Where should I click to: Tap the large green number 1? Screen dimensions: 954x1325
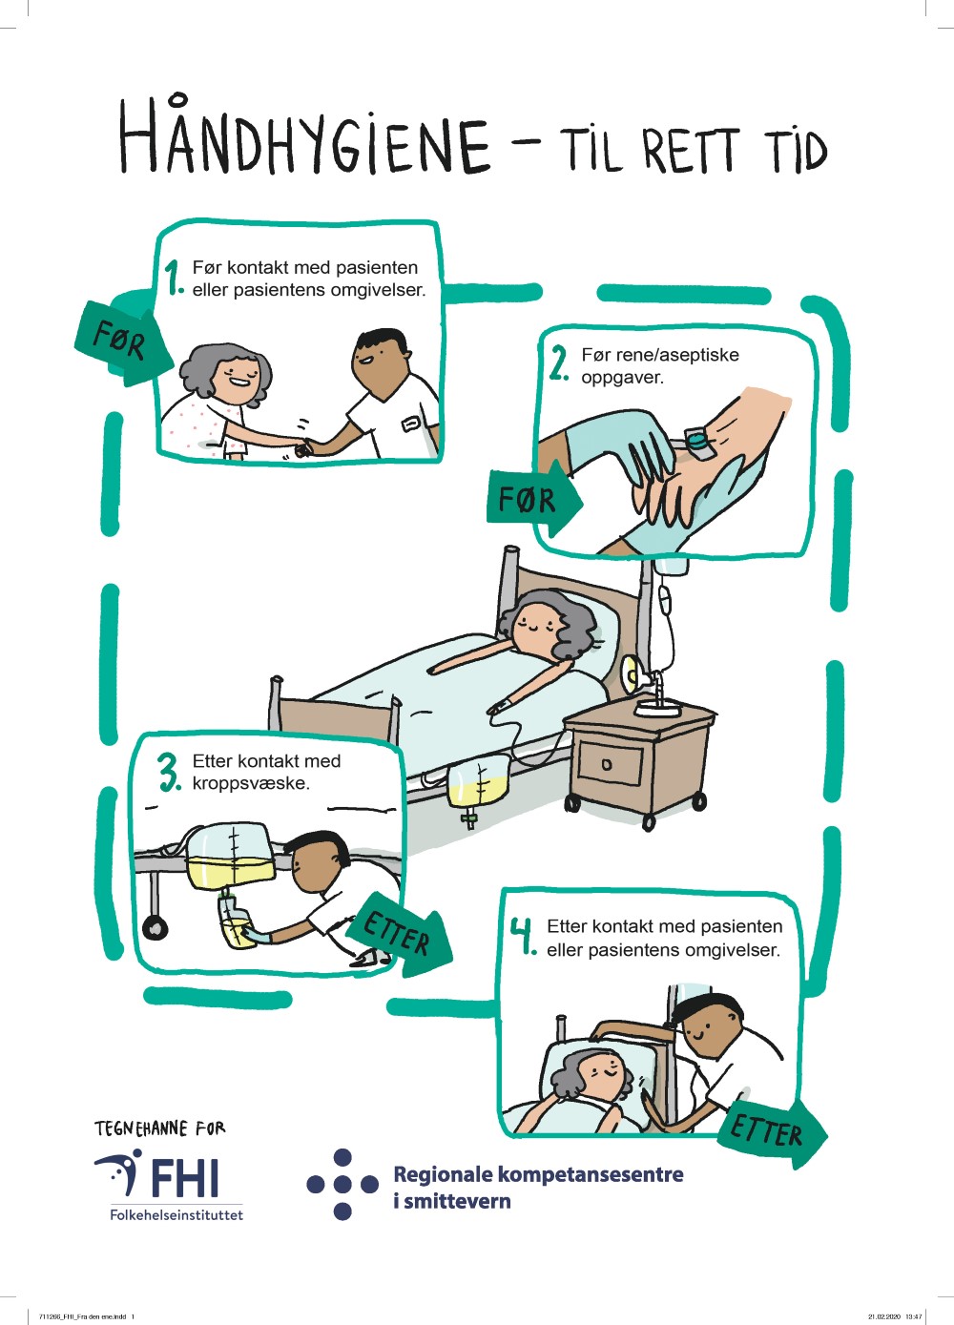pos(175,278)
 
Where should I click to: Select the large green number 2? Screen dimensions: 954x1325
pos(558,363)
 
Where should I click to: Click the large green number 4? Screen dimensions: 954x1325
pos(524,937)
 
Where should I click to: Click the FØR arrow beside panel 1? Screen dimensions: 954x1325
pos(123,343)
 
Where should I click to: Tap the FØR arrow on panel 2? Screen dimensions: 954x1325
pos(534,499)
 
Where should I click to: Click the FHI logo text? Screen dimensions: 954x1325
pos(185,1177)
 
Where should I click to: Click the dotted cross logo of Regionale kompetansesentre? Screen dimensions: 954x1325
pos(342,1184)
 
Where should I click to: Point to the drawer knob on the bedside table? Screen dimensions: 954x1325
pos(606,765)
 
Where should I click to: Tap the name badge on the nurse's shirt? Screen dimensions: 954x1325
pos(410,424)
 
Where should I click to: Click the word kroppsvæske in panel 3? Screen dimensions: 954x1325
pos(251,784)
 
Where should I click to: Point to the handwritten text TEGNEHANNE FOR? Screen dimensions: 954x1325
pos(159,1128)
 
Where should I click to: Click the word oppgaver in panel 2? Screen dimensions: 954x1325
pos(622,378)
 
